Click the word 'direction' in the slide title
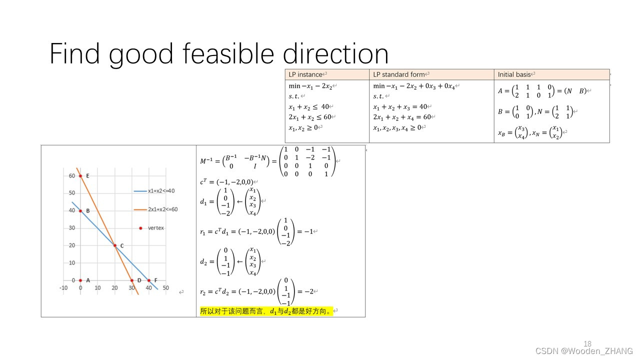[335, 54]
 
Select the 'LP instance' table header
[305, 74]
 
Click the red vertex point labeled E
[80, 176]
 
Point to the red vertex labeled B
[80, 211]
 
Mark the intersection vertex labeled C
[115, 245]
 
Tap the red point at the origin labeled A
[80, 280]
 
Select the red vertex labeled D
[132, 280]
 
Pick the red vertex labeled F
[149, 280]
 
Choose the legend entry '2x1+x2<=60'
[162, 209]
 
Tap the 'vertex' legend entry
[155, 228]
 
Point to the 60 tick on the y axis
[72, 176]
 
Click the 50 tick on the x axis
[166, 288]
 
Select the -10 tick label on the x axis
[63, 288]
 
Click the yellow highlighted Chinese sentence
[265, 311]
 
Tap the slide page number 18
[587, 343]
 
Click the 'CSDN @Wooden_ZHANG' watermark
[584, 351]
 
